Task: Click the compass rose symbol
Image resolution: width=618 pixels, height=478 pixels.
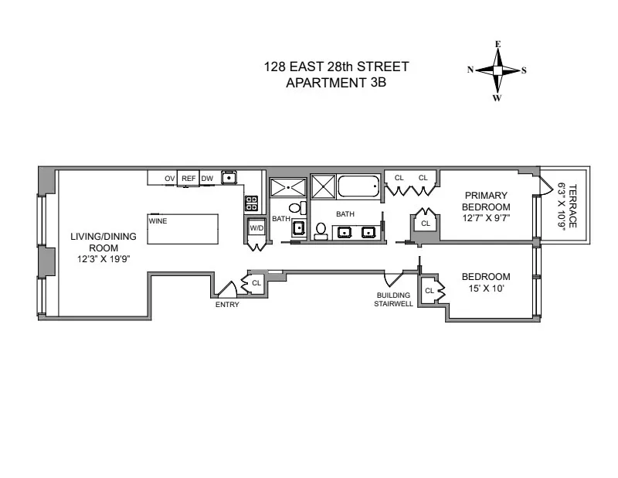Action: [497, 70]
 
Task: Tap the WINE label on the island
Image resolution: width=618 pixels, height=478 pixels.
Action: [158, 220]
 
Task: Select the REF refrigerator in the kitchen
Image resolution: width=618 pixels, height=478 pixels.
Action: [188, 179]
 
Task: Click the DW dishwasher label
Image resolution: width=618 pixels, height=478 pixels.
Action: [207, 179]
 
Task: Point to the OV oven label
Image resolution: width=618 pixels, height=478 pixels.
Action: [169, 179]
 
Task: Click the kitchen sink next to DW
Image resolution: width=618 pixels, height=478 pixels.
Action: [229, 178]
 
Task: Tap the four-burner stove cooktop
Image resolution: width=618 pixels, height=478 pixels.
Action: [251, 203]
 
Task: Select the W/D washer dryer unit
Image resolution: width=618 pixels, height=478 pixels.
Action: [256, 228]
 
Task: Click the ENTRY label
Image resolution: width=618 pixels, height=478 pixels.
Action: [228, 305]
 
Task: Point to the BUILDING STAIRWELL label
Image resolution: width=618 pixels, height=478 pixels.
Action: [393, 299]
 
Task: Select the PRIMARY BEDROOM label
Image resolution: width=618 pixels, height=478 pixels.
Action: [486, 201]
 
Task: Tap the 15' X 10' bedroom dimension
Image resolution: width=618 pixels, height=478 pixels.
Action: [486, 289]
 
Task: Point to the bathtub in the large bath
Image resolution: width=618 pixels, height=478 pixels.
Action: [359, 186]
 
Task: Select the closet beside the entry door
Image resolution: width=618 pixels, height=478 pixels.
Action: [256, 283]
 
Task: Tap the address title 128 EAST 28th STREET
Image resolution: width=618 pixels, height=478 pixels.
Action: [336, 67]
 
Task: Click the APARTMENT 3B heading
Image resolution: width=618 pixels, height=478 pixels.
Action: [336, 83]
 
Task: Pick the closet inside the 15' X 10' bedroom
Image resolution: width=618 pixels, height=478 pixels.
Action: [430, 291]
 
